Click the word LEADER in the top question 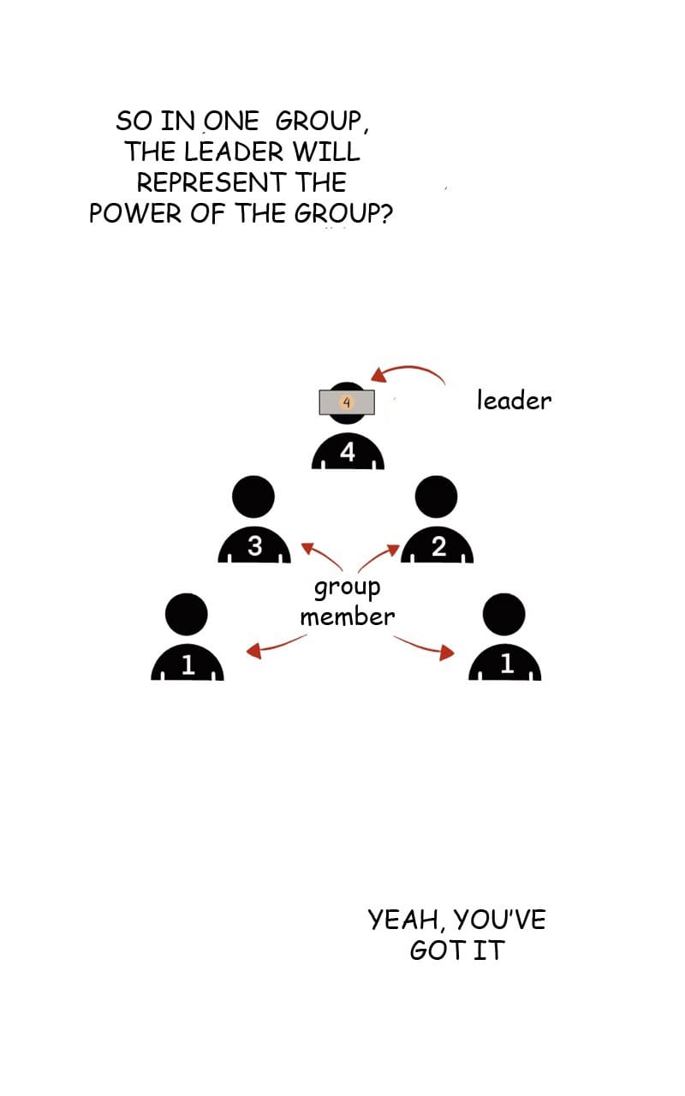coord(241,152)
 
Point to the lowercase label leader coord(514,400)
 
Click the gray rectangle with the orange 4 coord(347,402)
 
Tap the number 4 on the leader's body coord(348,452)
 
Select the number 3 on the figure coord(254,545)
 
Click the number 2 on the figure coord(438,547)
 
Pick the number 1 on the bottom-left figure coord(188,664)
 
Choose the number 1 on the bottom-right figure coord(506,664)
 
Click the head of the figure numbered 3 coord(253,497)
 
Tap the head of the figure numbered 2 coord(436,497)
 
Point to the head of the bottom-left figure coord(187,614)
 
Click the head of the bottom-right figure coord(504,614)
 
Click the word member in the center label coord(347,616)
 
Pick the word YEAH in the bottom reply coord(403,920)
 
